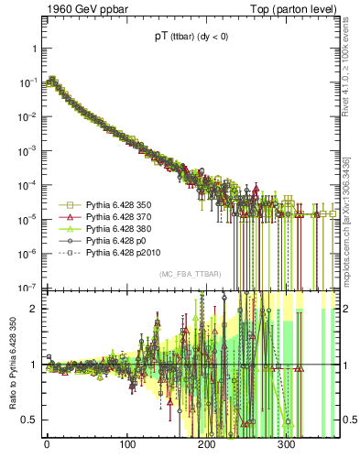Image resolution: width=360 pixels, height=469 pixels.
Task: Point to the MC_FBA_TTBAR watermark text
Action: pyautogui.click(x=191, y=275)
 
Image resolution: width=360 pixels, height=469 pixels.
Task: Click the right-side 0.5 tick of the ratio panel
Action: pyautogui.click(x=350, y=420)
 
